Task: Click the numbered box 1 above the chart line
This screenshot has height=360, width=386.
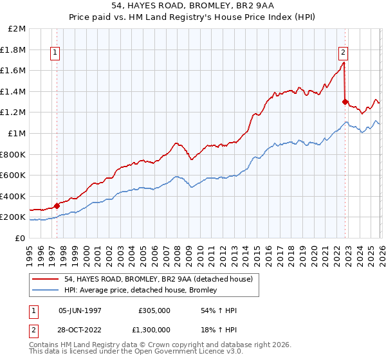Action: click(55, 53)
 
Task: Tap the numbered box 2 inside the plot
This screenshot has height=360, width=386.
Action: click(344, 53)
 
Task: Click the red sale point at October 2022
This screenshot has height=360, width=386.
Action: click(345, 102)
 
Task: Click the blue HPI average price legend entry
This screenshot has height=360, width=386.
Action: click(140, 290)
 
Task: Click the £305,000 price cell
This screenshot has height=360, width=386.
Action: click(154, 310)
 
